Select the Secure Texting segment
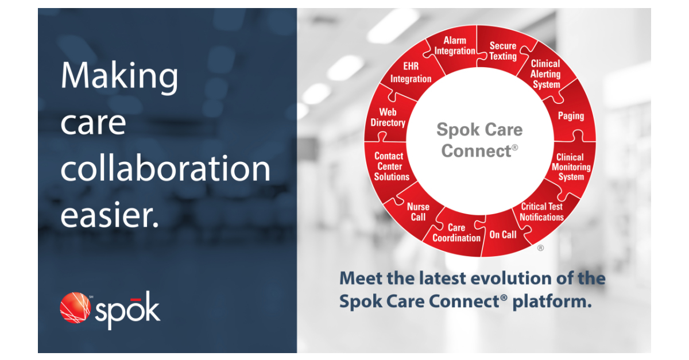pos(503,51)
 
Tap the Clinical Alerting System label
pos(545,74)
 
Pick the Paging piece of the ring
pos(571,116)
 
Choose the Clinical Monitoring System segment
pos(571,167)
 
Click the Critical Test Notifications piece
pos(541,212)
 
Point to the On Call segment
pos(502,234)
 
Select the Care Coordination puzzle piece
pos(456,233)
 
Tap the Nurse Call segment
pos(418,212)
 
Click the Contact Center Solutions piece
pos(392,167)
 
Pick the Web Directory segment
pos(388,118)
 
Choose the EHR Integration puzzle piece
pos(411,73)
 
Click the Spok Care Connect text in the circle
pos(479,140)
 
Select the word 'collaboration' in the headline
pos(165,169)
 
